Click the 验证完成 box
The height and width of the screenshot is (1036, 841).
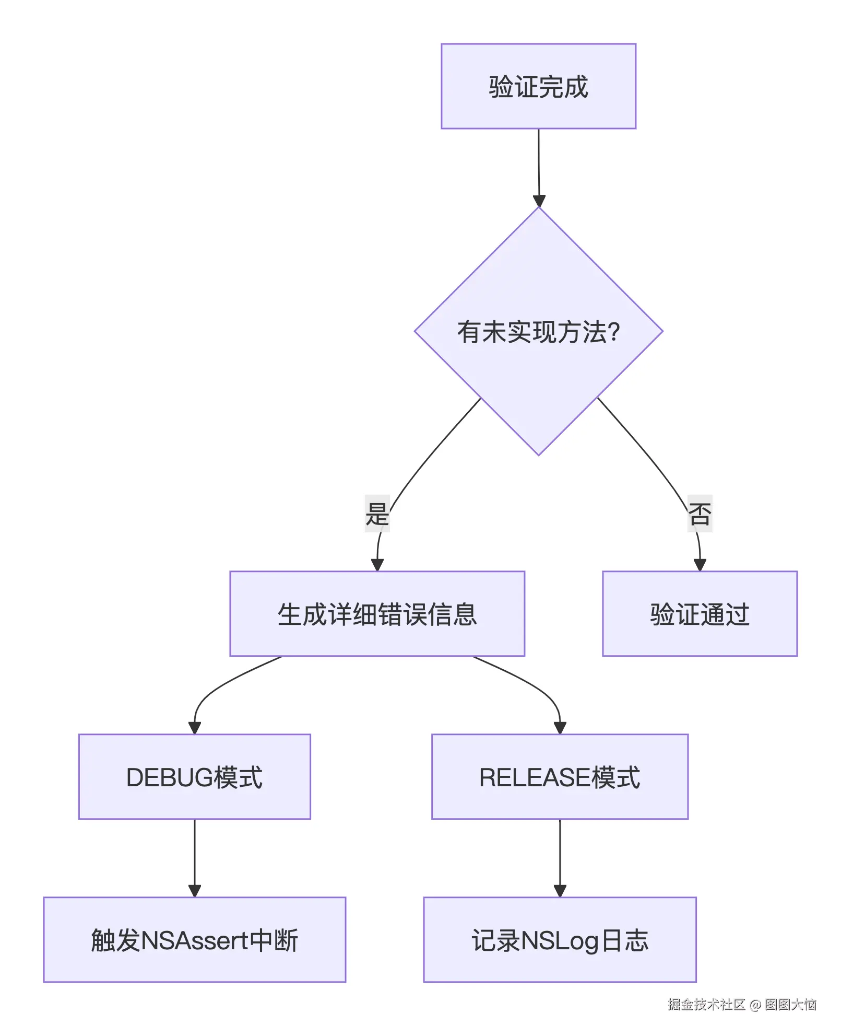click(538, 86)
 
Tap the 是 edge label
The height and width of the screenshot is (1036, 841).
click(377, 513)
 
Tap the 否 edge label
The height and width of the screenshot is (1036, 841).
click(700, 513)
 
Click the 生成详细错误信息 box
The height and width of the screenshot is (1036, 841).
click(377, 614)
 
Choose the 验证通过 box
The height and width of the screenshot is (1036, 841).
click(700, 614)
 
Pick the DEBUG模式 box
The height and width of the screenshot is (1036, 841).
click(194, 777)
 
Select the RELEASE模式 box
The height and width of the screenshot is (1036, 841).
click(560, 777)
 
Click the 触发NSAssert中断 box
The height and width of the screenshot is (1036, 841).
click(194, 940)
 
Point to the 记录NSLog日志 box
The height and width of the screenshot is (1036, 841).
click(560, 940)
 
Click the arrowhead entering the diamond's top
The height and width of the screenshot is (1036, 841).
click(539, 201)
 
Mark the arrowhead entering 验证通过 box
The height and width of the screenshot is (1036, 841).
click(700, 565)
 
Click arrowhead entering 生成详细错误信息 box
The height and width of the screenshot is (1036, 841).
click(377, 565)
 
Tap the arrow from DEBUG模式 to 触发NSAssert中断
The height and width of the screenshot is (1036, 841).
click(195, 857)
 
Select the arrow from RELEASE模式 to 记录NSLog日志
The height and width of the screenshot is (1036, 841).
click(560, 857)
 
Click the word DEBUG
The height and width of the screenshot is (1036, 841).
click(170, 777)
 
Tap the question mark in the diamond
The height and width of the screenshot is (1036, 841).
click(614, 332)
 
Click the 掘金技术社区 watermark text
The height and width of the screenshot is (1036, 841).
click(706, 1004)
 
